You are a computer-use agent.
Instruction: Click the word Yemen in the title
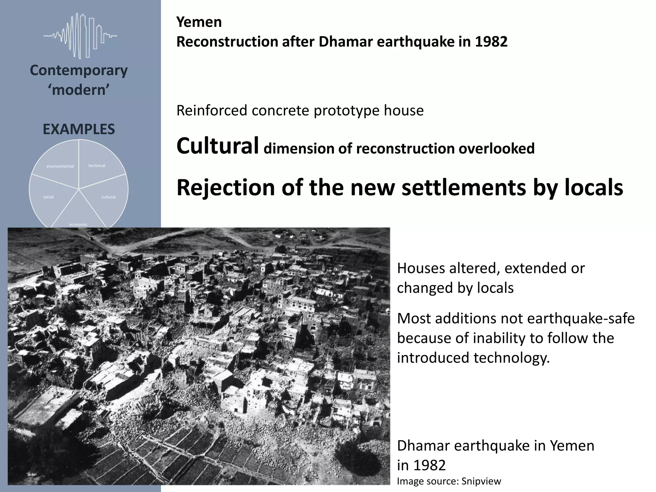click(x=199, y=22)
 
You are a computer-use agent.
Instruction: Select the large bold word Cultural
click(x=217, y=146)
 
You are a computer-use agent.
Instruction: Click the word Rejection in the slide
click(x=226, y=188)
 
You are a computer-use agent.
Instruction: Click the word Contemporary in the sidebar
click(x=79, y=70)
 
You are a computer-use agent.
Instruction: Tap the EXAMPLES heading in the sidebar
click(x=79, y=129)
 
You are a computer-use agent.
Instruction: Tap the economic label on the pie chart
click(x=78, y=224)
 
